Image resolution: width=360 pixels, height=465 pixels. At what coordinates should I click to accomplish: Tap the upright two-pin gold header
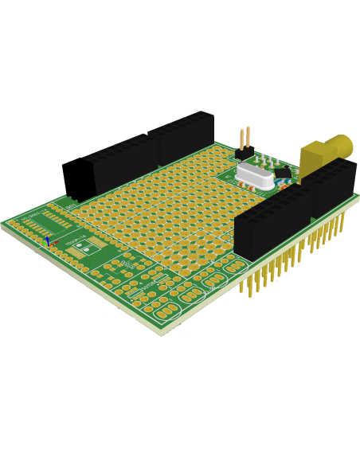(x=244, y=139)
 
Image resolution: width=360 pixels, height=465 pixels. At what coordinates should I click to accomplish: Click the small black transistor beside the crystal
(x=282, y=171)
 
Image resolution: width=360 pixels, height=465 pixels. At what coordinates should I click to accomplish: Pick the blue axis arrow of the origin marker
(x=47, y=240)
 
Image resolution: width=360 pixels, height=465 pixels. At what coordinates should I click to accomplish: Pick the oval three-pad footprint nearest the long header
(x=235, y=268)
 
